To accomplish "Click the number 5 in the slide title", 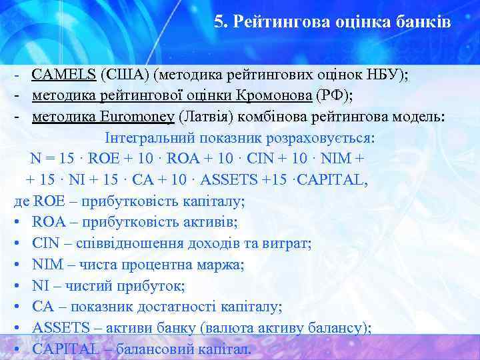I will (219, 22).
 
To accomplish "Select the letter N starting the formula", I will (35, 159).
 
